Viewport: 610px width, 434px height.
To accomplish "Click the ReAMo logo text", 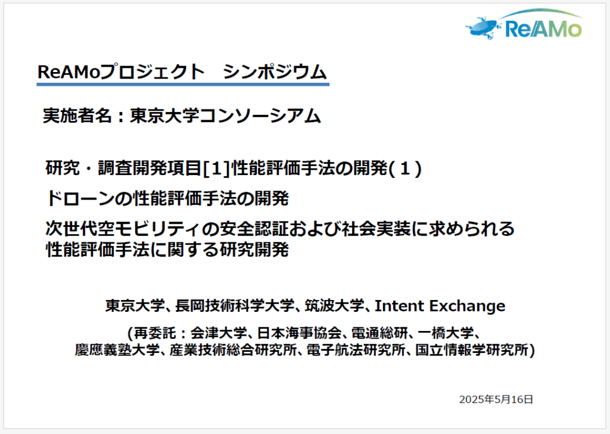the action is click(x=543, y=29).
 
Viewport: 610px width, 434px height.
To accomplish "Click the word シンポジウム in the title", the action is click(x=275, y=73).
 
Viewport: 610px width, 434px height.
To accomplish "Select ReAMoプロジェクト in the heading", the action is click(x=121, y=73).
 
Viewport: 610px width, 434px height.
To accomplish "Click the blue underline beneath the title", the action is click(x=183, y=83).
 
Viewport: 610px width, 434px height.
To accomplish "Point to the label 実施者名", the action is click(x=77, y=115).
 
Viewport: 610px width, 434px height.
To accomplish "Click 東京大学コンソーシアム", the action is click(x=225, y=115).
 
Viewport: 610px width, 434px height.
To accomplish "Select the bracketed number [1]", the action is click(x=216, y=168).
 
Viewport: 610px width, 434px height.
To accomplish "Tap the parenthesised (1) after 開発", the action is click(x=405, y=168).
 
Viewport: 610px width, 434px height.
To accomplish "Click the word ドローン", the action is click(x=81, y=198).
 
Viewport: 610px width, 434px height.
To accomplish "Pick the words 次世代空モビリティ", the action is click(x=123, y=228).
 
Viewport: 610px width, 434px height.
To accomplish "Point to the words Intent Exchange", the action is click(x=440, y=306).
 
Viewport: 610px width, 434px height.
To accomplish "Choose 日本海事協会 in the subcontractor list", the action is click(x=299, y=333).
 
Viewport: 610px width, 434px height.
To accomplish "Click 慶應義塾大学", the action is click(x=117, y=349).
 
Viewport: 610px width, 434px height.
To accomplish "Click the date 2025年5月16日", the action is click(x=496, y=399).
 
